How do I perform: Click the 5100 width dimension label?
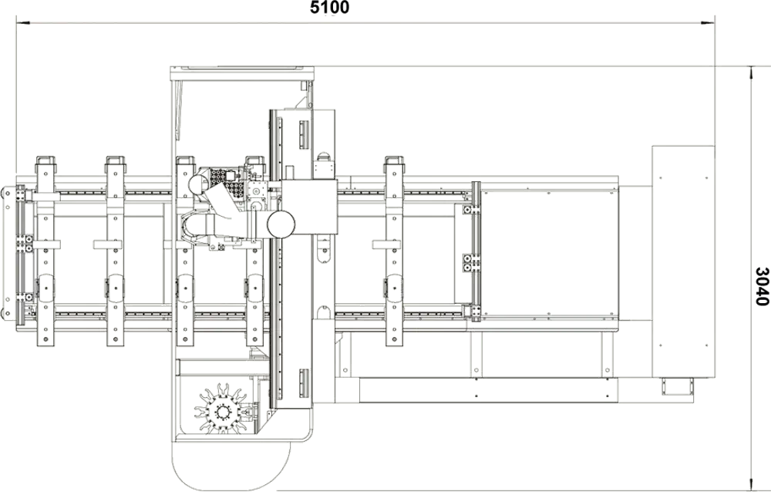click(x=329, y=8)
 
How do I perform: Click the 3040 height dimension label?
click(x=762, y=286)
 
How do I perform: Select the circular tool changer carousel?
click(x=221, y=409)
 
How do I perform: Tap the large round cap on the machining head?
click(x=281, y=224)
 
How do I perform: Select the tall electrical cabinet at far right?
click(x=683, y=261)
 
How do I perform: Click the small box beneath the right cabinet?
click(x=677, y=386)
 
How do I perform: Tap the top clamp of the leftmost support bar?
click(x=45, y=161)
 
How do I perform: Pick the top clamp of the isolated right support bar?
click(x=394, y=161)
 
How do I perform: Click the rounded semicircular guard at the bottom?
click(x=231, y=467)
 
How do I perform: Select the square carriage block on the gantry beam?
click(x=309, y=206)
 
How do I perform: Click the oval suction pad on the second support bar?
click(x=115, y=288)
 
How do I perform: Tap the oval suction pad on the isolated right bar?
click(x=394, y=288)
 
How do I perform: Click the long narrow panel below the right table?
click(x=488, y=390)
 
